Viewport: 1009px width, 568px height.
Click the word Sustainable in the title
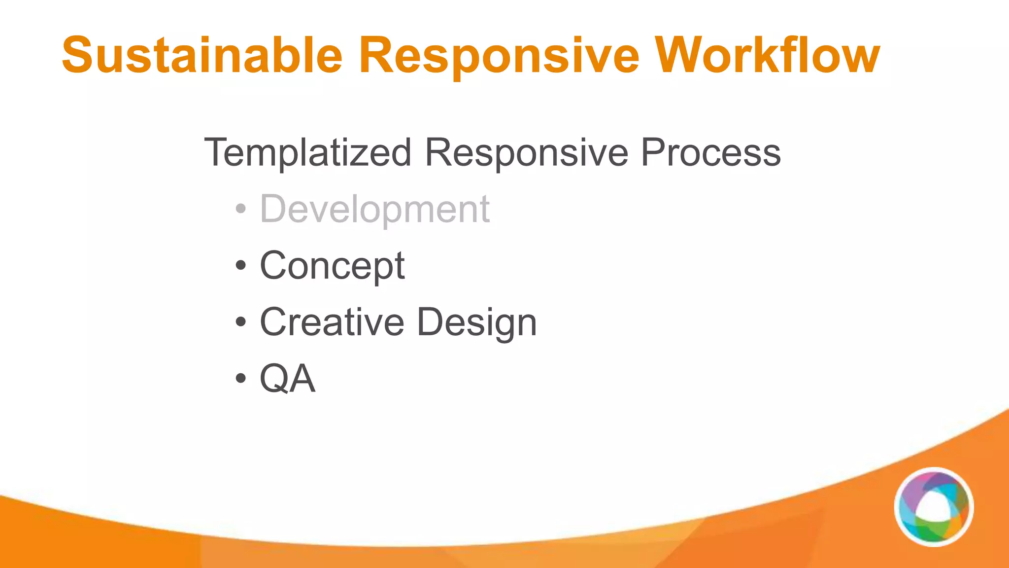click(202, 55)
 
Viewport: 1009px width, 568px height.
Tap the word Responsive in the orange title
click(499, 55)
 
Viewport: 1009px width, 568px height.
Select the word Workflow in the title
click(769, 55)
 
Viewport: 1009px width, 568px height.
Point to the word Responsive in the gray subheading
click(526, 153)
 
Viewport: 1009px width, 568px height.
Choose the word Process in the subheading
click(710, 153)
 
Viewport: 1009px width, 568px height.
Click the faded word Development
click(374, 209)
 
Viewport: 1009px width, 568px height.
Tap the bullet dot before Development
click(240, 209)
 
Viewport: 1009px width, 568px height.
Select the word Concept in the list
click(332, 266)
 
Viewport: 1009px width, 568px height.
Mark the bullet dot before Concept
click(240, 266)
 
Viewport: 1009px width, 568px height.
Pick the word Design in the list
click(477, 322)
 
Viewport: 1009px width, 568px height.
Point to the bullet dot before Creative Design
click(240, 322)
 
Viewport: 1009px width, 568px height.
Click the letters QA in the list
click(288, 379)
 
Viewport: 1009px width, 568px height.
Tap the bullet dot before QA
click(240, 379)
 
